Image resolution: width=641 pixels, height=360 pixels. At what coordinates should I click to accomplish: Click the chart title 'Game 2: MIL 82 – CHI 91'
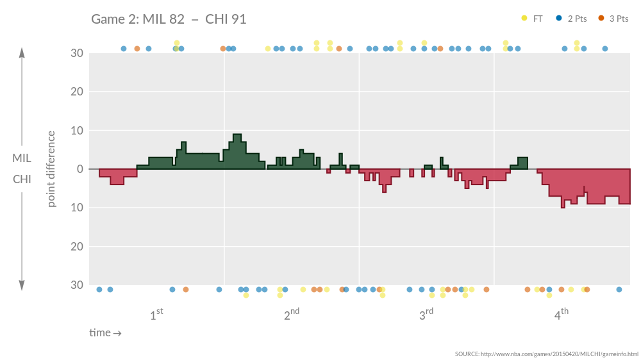(x=169, y=19)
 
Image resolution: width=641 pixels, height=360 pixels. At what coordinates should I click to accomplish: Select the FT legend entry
(x=532, y=19)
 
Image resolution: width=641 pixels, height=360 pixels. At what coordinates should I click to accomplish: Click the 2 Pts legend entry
(x=572, y=19)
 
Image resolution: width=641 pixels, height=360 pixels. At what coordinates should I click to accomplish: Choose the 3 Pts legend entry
(x=613, y=19)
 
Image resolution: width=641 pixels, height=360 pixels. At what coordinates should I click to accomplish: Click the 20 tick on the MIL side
(x=77, y=92)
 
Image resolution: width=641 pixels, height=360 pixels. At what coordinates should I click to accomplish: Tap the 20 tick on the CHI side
(x=77, y=247)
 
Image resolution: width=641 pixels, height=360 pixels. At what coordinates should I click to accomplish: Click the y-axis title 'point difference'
(x=51, y=169)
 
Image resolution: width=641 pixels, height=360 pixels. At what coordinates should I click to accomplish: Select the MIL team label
(x=22, y=158)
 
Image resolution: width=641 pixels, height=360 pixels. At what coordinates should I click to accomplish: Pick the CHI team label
(x=22, y=179)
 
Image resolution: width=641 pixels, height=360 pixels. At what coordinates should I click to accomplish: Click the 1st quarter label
(x=156, y=315)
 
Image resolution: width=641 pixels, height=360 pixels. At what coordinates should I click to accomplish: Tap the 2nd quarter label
(x=291, y=315)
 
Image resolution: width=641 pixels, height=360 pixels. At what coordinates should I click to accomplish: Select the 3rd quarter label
(x=426, y=315)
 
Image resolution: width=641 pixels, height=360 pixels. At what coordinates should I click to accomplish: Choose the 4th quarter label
(x=561, y=315)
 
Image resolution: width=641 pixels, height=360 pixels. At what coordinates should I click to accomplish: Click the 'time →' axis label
(x=105, y=333)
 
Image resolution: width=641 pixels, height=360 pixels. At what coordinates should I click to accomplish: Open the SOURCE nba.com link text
(x=547, y=354)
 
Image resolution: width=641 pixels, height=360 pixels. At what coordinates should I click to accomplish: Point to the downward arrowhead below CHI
(x=22, y=286)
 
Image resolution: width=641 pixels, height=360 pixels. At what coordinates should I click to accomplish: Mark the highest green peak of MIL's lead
(x=237, y=135)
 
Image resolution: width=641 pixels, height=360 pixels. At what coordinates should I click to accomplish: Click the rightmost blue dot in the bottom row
(x=619, y=290)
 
